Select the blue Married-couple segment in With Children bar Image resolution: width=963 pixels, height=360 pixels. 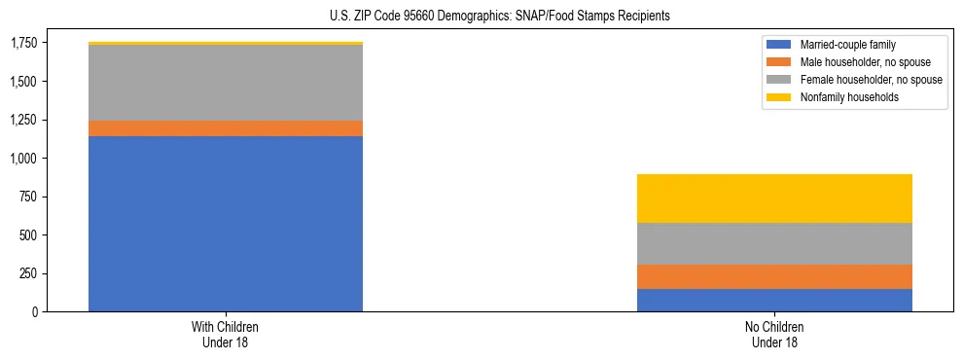pyautogui.click(x=226, y=224)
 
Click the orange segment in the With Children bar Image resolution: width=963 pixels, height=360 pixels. pyautogui.click(x=226, y=128)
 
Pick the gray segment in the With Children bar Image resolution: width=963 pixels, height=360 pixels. pyautogui.click(x=226, y=83)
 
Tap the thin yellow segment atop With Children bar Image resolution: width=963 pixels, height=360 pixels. pyautogui.click(x=226, y=44)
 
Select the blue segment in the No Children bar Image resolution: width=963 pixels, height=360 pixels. pyautogui.click(x=774, y=300)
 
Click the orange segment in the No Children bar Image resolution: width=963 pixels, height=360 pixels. pyautogui.click(x=774, y=276)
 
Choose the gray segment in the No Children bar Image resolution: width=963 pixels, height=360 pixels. pyautogui.click(x=774, y=243)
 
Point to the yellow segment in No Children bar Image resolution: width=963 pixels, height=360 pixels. pyautogui.click(x=774, y=198)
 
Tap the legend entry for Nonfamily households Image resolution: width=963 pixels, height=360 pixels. pyautogui.click(x=842, y=97)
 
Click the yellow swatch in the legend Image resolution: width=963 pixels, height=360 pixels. pyautogui.click(x=779, y=97)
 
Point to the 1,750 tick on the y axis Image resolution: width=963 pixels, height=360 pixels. pyautogui.click(x=23, y=43)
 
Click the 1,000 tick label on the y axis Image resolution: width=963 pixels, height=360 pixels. pyautogui.click(x=23, y=158)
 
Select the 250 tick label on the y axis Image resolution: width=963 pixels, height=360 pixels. pyautogui.click(x=29, y=273)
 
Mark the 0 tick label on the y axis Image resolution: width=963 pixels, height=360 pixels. pyautogui.click(x=36, y=311)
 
